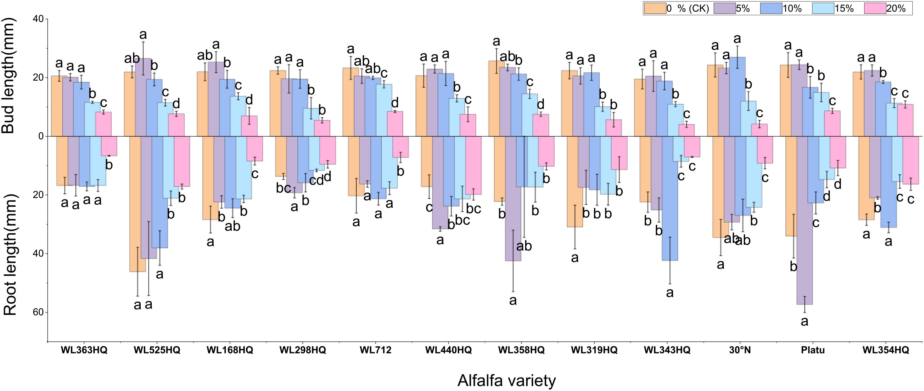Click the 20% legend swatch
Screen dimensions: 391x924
[x=875, y=8]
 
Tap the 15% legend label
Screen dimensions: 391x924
[x=844, y=8]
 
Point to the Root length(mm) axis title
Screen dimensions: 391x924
[x=10, y=255]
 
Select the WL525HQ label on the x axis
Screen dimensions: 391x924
[x=157, y=350]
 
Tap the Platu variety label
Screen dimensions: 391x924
[x=813, y=350]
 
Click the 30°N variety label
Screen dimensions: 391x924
[x=740, y=350]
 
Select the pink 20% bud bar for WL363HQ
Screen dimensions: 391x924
[x=103, y=124]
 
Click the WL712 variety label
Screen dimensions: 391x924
[x=375, y=350]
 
